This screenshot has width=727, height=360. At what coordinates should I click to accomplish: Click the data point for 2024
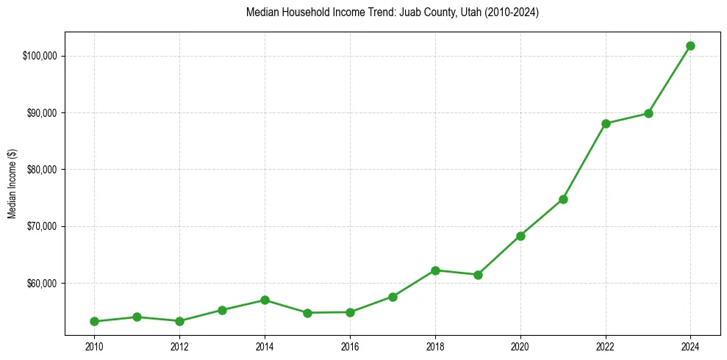point(690,46)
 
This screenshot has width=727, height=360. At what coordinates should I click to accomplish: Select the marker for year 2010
point(94,321)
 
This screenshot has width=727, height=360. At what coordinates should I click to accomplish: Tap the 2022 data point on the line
point(606,123)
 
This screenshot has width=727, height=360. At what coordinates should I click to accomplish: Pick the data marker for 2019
point(478,275)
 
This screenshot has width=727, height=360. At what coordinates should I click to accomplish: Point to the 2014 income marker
point(265,300)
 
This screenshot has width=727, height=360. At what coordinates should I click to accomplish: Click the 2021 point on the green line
point(563,199)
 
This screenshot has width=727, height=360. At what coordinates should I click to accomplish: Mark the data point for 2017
point(393,297)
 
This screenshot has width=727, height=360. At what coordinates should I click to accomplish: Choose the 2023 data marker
point(648,113)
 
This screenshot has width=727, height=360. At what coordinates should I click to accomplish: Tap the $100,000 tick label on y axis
point(41,56)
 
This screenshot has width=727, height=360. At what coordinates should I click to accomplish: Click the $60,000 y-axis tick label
point(43,283)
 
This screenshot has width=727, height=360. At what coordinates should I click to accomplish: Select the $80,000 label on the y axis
point(43,170)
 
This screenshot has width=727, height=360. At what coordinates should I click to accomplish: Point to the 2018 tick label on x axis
point(435,345)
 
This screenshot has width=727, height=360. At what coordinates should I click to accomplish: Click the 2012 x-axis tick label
point(179,345)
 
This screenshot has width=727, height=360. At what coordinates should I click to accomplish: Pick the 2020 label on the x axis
point(520,345)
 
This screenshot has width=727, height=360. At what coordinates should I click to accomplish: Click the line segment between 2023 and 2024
point(670,79)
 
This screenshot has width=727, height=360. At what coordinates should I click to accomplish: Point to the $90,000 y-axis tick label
point(43,113)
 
